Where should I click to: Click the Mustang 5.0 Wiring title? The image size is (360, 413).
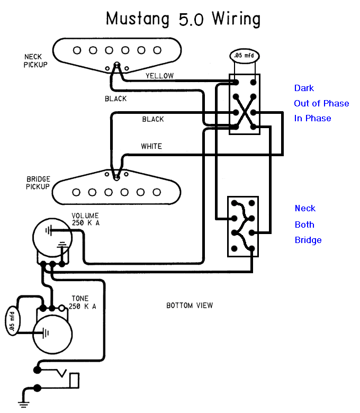(x=183, y=19)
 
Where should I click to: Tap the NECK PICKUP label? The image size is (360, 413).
(x=35, y=61)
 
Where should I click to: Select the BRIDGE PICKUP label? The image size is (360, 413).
(x=38, y=183)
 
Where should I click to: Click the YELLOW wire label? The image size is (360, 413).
(x=159, y=76)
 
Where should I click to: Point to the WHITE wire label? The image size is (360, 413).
(x=151, y=146)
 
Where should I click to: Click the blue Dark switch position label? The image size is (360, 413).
(x=304, y=88)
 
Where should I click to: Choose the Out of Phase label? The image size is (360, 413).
(x=321, y=103)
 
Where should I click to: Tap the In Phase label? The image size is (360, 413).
(x=312, y=118)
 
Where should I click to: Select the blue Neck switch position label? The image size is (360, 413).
(x=305, y=208)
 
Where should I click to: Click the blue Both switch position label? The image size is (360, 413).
(x=304, y=225)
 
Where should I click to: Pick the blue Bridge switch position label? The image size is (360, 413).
(x=308, y=240)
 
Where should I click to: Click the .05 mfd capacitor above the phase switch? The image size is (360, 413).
(x=245, y=56)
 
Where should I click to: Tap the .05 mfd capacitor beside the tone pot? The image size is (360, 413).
(x=12, y=320)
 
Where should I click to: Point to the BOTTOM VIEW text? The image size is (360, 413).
(x=190, y=306)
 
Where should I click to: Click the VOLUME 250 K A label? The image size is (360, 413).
(x=86, y=219)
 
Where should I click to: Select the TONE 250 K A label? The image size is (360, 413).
(x=83, y=302)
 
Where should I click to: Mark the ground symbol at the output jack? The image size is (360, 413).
(x=24, y=405)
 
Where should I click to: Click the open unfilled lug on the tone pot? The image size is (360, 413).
(x=61, y=308)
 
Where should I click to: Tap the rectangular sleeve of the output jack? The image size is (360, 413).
(x=74, y=380)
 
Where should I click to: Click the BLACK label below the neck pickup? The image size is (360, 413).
(x=115, y=99)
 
